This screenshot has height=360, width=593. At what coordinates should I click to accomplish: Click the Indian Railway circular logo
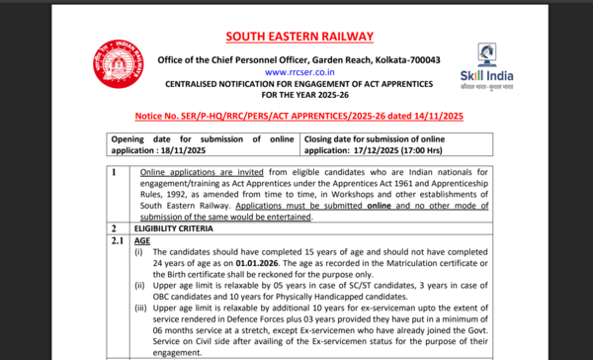pyautogui.click(x=118, y=65)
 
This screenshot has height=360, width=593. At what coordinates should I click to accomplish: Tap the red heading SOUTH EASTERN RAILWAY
pyautogui.click(x=299, y=37)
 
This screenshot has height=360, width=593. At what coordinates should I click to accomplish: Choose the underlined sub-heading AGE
pyautogui.click(x=142, y=240)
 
